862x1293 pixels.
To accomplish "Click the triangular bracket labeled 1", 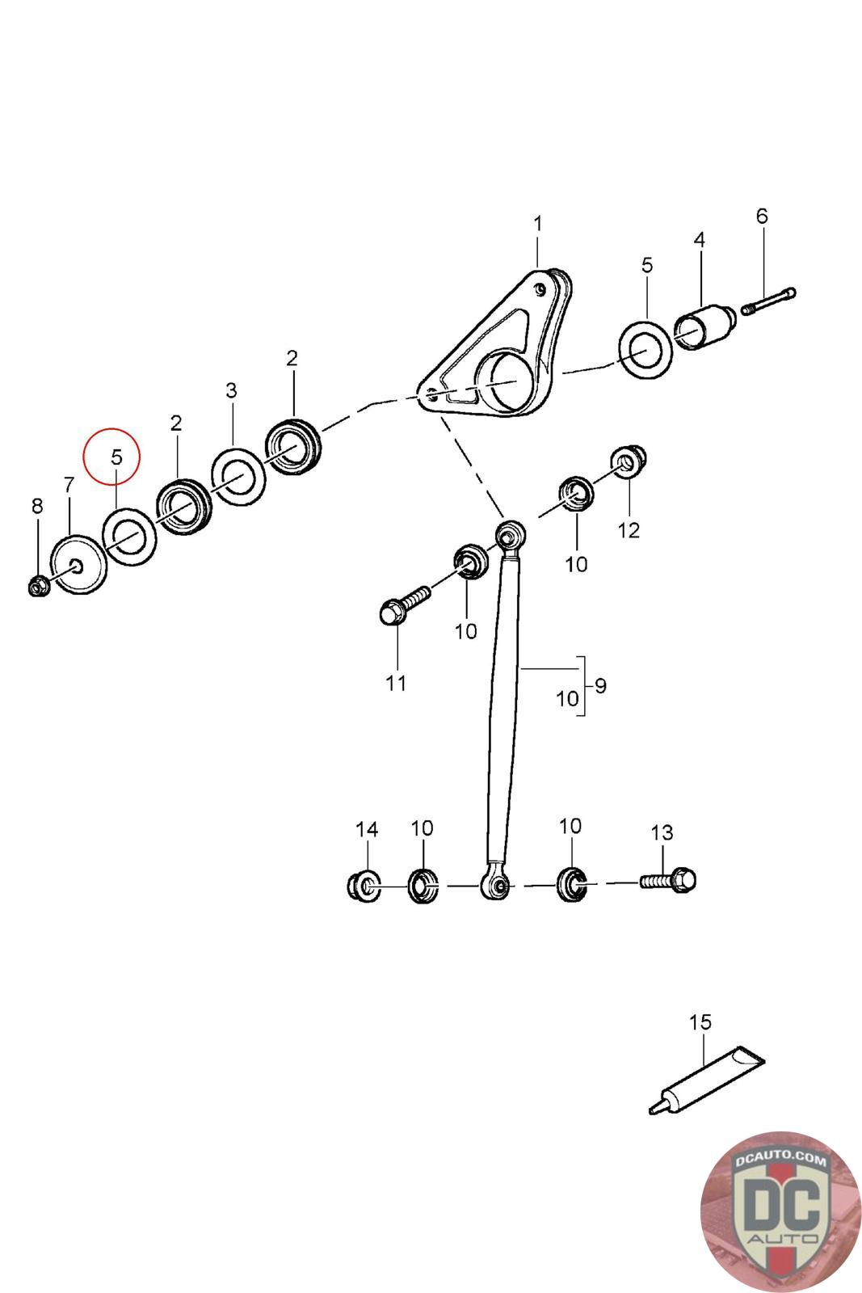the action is [496, 347].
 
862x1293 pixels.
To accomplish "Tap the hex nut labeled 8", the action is [39, 587].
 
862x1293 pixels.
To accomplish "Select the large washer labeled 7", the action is [78, 565].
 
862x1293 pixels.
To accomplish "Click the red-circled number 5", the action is [116, 457].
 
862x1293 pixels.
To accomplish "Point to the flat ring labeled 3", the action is [239, 476].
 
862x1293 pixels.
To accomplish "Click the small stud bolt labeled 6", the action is [768, 301].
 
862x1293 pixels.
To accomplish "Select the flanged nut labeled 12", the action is [629, 460].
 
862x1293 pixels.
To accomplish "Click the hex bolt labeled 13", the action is [667, 880].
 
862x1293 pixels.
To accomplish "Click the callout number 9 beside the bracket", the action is [600, 686].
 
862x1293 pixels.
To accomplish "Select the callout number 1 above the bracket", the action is [538, 224].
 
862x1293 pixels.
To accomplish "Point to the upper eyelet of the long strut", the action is [509, 535].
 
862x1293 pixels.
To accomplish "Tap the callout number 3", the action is [231, 391].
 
